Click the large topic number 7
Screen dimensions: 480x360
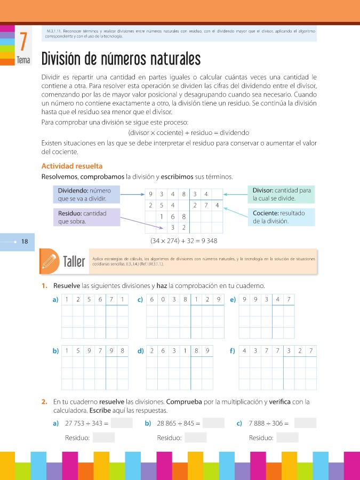pyautogui.click(x=23, y=42)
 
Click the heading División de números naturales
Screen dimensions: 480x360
pyautogui.click(x=121, y=59)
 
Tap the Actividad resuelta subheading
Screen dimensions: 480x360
pyautogui.click(x=72, y=166)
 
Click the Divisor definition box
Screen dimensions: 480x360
pyautogui.click(x=281, y=194)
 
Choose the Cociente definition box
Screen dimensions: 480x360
pyautogui.click(x=281, y=217)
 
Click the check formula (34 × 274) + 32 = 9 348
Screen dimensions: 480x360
pyautogui.click(x=184, y=241)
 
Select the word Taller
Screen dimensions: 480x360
pyautogui.click(x=74, y=262)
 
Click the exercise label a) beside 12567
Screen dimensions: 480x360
pyautogui.click(x=55, y=300)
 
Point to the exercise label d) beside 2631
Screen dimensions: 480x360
pyautogui.click(x=141, y=351)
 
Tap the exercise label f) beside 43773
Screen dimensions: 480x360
pyautogui.click(x=233, y=351)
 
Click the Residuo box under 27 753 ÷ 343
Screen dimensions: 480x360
pyautogui.click(x=103, y=438)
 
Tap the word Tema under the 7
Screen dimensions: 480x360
pyautogui.click(x=23, y=61)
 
